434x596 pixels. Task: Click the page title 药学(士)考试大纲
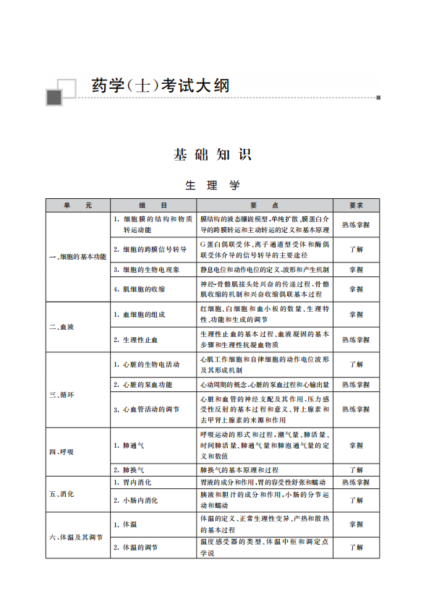[160, 85]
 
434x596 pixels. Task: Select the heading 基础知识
[211, 154]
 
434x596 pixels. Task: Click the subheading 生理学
[212, 185]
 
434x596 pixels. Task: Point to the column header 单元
[77, 205]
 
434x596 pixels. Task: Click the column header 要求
[356, 205]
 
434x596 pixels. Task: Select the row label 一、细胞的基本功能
[77, 257]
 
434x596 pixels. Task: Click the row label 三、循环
[61, 395]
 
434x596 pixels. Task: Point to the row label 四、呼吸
[61, 451]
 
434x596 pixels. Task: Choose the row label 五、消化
[61, 494]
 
